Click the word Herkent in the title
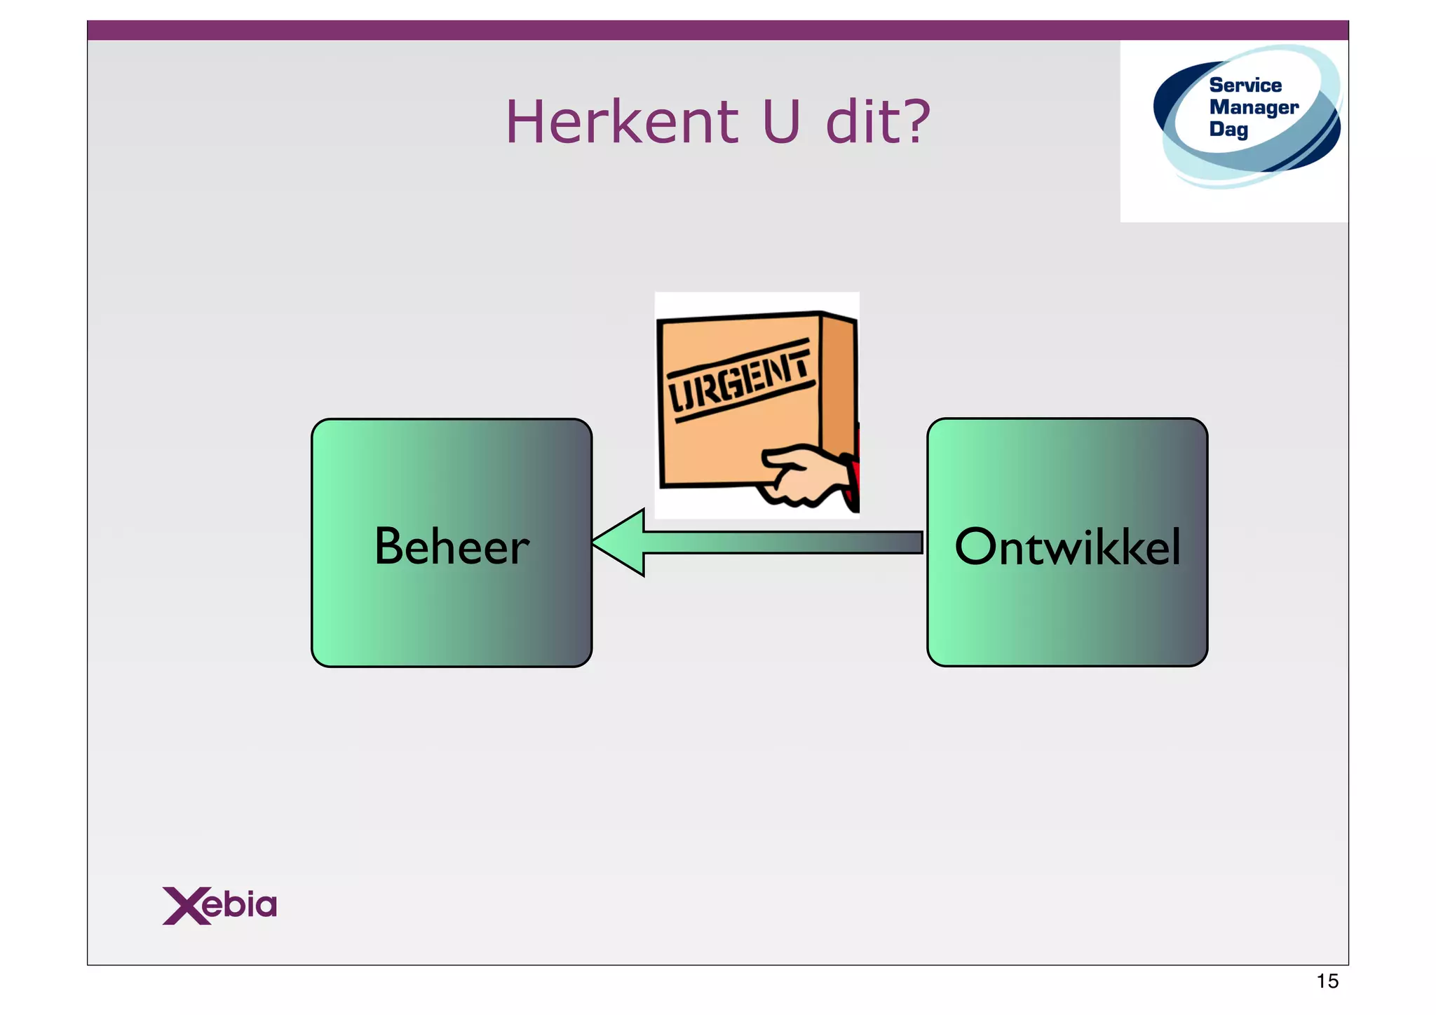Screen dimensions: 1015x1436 621,122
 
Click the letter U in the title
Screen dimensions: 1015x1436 780,122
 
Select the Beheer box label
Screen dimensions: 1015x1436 452,546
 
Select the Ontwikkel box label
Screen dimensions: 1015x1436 1067,546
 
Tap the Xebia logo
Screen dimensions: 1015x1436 219,905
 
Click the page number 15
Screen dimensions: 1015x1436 1327,981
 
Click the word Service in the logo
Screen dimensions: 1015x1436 1245,86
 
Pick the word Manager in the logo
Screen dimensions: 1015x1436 1254,107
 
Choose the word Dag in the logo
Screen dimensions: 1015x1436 1228,129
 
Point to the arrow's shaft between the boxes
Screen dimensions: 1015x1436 782,543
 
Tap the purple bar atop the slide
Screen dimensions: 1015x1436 717,30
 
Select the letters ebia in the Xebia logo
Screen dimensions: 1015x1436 241,905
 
